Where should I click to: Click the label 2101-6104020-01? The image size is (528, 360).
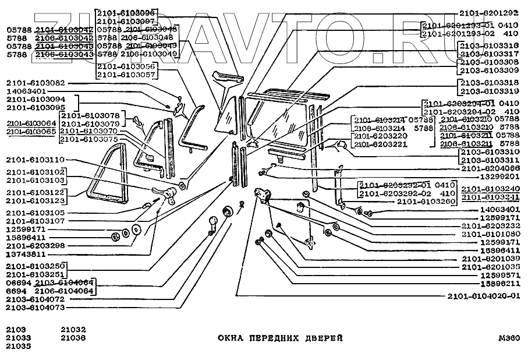(x=483, y=295)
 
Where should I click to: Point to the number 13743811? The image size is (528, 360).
(x=26, y=254)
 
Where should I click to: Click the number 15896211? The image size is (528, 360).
(x=500, y=283)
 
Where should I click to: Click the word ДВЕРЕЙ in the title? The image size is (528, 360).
(x=320, y=338)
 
